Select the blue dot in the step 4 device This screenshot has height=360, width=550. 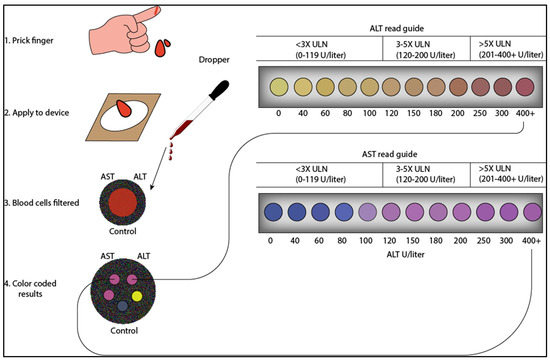click(x=121, y=307)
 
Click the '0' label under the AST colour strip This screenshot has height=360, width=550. click(x=270, y=241)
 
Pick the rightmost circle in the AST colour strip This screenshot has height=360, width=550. click(x=520, y=213)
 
